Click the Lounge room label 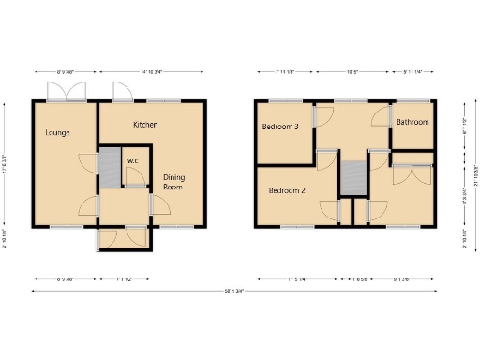(x=58, y=133)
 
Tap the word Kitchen (x=145, y=125)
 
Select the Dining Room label (x=174, y=182)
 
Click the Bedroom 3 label (x=281, y=127)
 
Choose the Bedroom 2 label (x=288, y=190)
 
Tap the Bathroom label (x=412, y=123)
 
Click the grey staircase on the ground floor (x=111, y=166)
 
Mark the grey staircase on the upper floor (x=352, y=178)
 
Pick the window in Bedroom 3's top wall (x=281, y=99)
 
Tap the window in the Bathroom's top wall (x=413, y=99)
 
